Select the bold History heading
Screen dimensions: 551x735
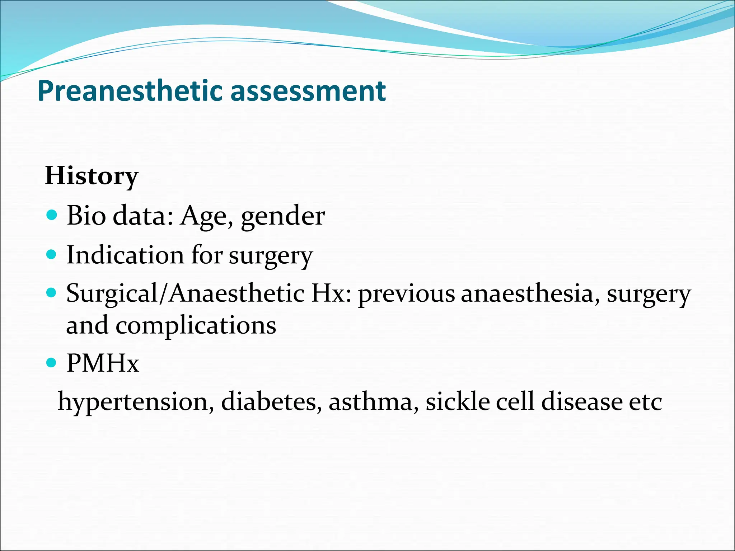pos(92,176)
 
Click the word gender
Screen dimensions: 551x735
pos(283,217)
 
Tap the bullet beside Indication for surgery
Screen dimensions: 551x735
pos(52,254)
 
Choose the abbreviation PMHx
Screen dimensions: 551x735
pos(103,363)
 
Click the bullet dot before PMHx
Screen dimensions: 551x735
pos(52,363)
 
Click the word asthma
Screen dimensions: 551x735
pos(374,401)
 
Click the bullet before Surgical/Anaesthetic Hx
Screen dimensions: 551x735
pos(52,293)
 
